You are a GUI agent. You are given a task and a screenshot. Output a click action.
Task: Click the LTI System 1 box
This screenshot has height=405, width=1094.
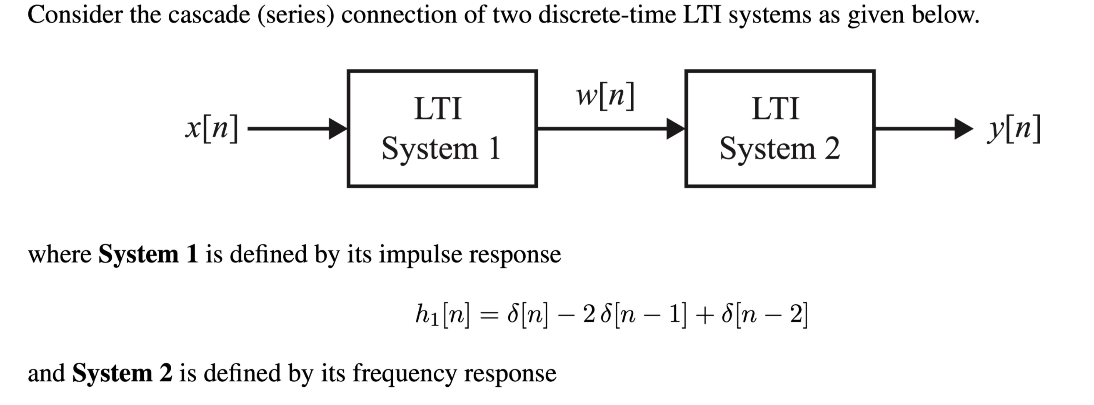442,128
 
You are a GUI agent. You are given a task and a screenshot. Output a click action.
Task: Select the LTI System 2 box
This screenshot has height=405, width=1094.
780,128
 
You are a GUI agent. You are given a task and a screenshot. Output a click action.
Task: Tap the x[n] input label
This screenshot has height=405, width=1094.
212,128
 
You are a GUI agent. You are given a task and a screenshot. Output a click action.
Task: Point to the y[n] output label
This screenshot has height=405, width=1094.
1014,128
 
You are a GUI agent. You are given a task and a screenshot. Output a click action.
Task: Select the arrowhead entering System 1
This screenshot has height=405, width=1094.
338,128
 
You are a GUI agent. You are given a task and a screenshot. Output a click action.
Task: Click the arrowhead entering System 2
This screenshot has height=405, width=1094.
676,128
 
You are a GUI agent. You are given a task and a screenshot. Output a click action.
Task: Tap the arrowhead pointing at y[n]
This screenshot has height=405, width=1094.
963,128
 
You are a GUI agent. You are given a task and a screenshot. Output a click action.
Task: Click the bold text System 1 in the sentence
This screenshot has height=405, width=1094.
148,254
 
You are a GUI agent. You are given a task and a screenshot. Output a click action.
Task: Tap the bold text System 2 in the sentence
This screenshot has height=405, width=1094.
122,373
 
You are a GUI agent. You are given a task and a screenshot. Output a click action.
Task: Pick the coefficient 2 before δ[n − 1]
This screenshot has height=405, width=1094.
589,315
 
